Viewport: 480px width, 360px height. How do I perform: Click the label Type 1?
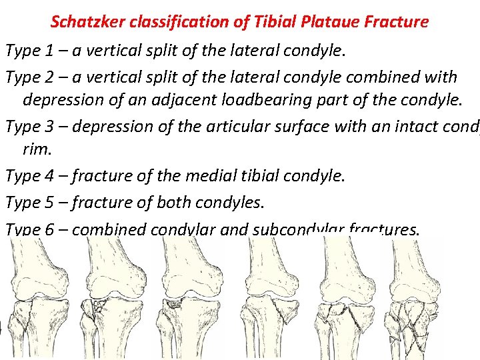point(26,50)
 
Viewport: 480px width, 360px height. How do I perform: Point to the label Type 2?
point(26,77)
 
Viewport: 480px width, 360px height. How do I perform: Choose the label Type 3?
point(26,127)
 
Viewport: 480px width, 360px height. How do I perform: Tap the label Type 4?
point(26,176)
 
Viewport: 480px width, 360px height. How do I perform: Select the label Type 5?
point(26,203)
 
